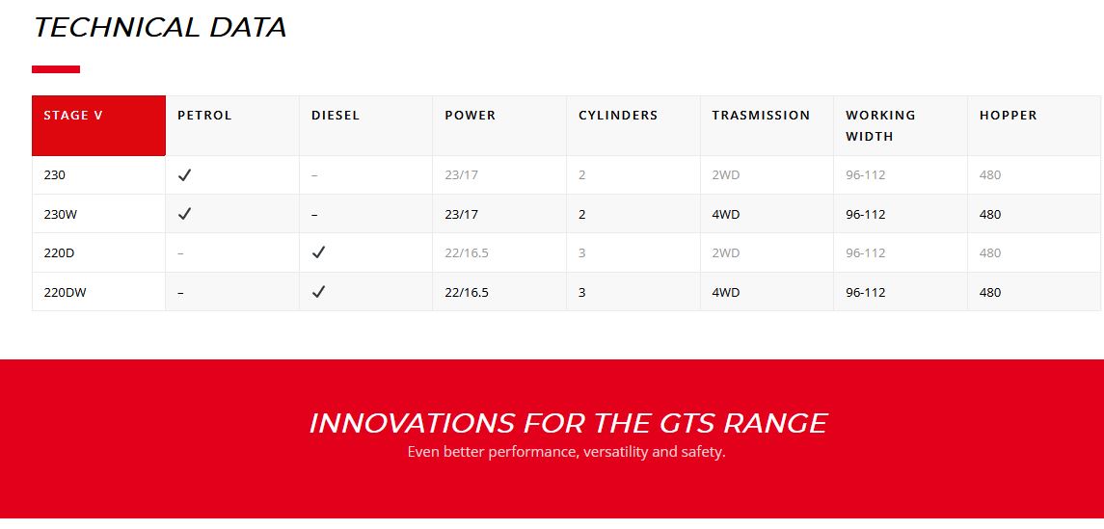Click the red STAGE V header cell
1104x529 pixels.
pyautogui.click(x=98, y=125)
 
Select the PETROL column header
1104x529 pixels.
pyautogui.click(x=204, y=116)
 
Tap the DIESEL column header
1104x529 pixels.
pyautogui.click(x=336, y=116)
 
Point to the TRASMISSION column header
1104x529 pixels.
pyautogui.click(x=761, y=116)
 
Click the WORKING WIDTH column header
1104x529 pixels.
pyautogui.click(x=880, y=126)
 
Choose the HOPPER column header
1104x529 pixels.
pyautogui.click(x=1008, y=116)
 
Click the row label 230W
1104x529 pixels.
pyautogui.click(x=60, y=215)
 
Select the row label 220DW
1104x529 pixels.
pyautogui.click(x=65, y=292)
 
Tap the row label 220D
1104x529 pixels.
pyautogui.click(x=59, y=253)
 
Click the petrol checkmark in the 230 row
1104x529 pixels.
pyautogui.click(x=184, y=175)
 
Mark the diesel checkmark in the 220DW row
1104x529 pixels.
pyautogui.click(x=318, y=291)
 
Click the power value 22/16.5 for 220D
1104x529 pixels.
pyautogui.click(x=466, y=253)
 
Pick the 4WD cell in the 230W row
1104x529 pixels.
pyautogui.click(x=725, y=215)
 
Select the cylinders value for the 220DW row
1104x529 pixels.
pyautogui.click(x=581, y=292)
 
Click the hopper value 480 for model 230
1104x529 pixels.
pyautogui.click(x=989, y=175)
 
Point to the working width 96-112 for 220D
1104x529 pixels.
pyautogui.click(x=865, y=253)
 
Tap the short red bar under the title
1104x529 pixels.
pyautogui.click(x=56, y=69)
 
